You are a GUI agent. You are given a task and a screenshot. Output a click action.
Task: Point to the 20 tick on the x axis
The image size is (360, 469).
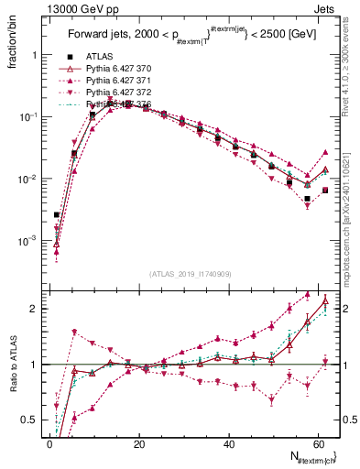138,444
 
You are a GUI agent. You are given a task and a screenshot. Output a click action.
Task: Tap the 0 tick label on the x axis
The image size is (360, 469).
49,444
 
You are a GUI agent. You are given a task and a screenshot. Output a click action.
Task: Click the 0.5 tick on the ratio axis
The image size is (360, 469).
29,420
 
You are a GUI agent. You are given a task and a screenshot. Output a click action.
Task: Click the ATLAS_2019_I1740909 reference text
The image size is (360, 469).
190,274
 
